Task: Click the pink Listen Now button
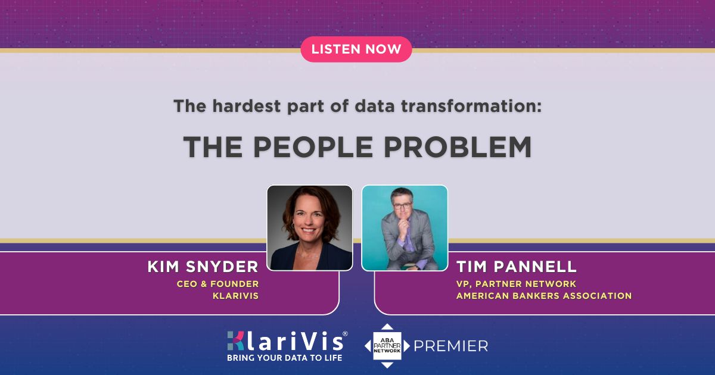coord(356,49)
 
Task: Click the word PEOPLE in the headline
coord(313,147)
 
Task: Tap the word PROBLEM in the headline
coord(458,147)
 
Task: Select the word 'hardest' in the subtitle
coord(247,106)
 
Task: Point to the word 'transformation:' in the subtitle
coord(471,106)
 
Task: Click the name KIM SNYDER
coord(203,267)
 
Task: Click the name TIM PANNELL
coord(517,267)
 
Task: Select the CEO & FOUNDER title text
coord(217,284)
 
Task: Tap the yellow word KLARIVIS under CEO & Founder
coord(235,296)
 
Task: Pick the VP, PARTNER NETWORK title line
coord(516,284)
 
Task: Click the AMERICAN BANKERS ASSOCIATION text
coord(544,296)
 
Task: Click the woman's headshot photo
coord(310,228)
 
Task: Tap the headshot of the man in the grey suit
coord(405,228)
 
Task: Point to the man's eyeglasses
coord(402,206)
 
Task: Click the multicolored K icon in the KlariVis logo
coord(236,341)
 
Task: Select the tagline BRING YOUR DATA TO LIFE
coord(284,358)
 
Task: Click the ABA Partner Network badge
coord(387,346)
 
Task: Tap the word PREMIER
coord(451,346)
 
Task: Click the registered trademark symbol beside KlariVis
coord(345,333)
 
